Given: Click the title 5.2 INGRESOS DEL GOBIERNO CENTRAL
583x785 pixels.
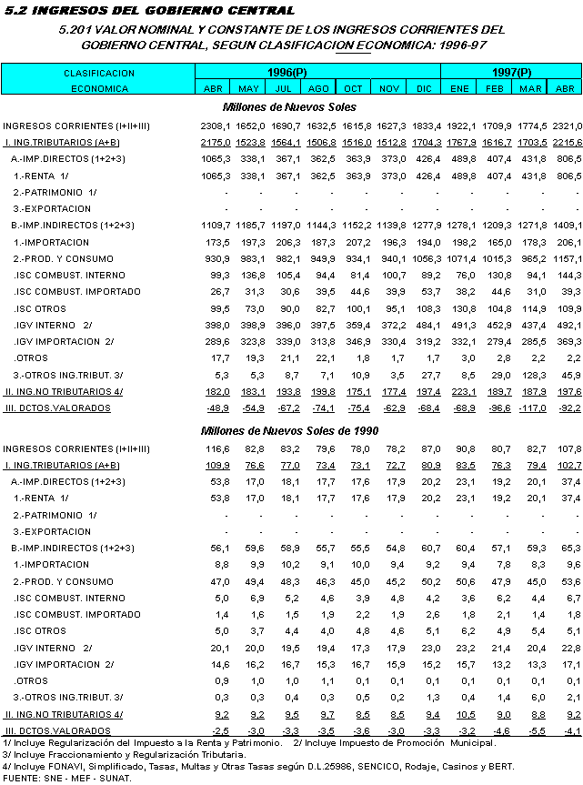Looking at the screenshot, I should (150, 10).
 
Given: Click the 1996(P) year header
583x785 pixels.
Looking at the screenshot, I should (286, 72).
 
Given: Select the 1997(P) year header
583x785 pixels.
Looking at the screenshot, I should (512, 72).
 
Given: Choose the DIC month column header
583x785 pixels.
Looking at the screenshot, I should (424, 88).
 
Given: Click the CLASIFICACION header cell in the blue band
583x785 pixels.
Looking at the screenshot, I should (99, 73).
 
